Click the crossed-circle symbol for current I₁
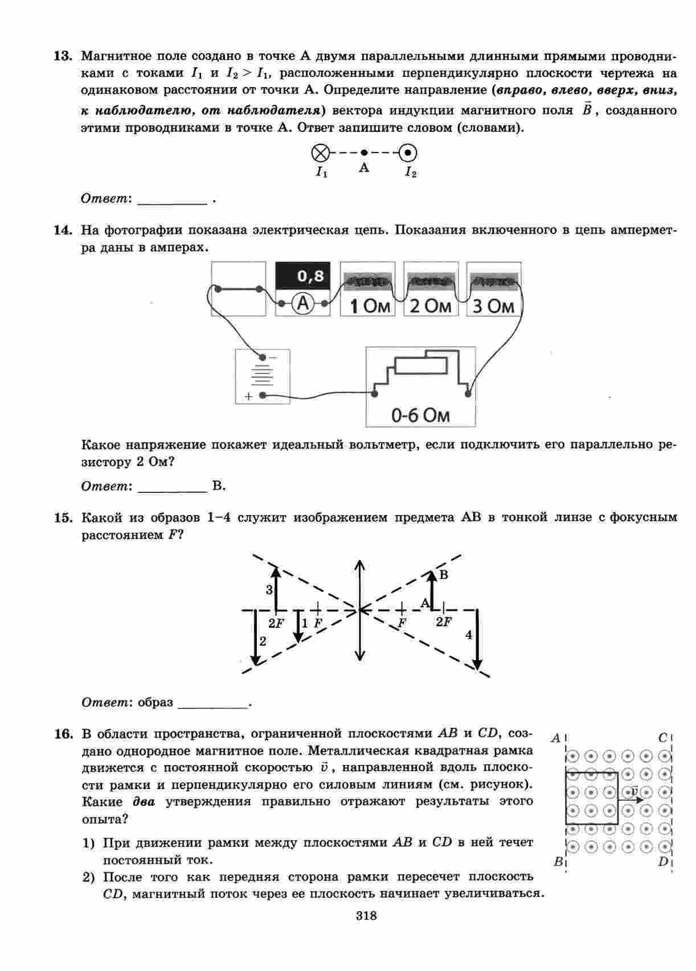click(x=321, y=153)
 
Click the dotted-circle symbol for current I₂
click(x=408, y=153)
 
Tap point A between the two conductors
click(x=365, y=153)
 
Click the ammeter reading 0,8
click(x=310, y=277)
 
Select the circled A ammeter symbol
click(x=304, y=304)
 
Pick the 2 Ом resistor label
click(x=431, y=306)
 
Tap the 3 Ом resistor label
click(x=493, y=306)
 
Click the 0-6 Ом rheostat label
click(x=420, y=415)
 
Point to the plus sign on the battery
click(x=248, y=396)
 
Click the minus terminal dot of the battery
click(x=263, y=357)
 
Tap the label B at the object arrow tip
click(x=444, y=574)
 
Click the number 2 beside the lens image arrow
click(x=263, y=641)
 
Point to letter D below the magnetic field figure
click(x=663, y=861)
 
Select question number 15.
click(x=63, y=518)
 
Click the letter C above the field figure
click(x=663, y=738)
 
